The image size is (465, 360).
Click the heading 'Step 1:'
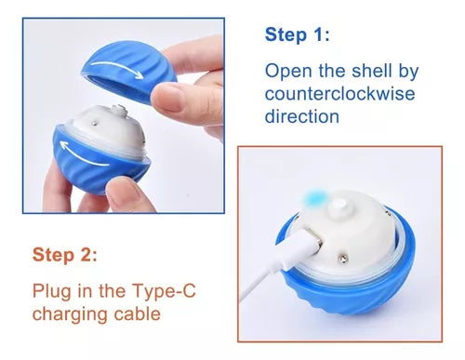tap(297, 34)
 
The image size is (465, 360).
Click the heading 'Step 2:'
tap(64, 255)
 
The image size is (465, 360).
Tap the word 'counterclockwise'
tap(339, 94)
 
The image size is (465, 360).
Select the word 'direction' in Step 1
tap(302, 116)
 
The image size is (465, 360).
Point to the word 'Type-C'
tap(165, 291)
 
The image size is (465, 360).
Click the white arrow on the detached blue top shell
tap(118, 68)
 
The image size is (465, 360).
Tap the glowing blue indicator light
tap(315, 197)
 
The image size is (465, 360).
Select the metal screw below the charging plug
tap(343, 258)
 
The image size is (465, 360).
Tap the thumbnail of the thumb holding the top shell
tap(167, 98)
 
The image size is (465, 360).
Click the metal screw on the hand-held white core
tap(95, 124)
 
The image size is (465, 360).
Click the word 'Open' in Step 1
tap(288, 72)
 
